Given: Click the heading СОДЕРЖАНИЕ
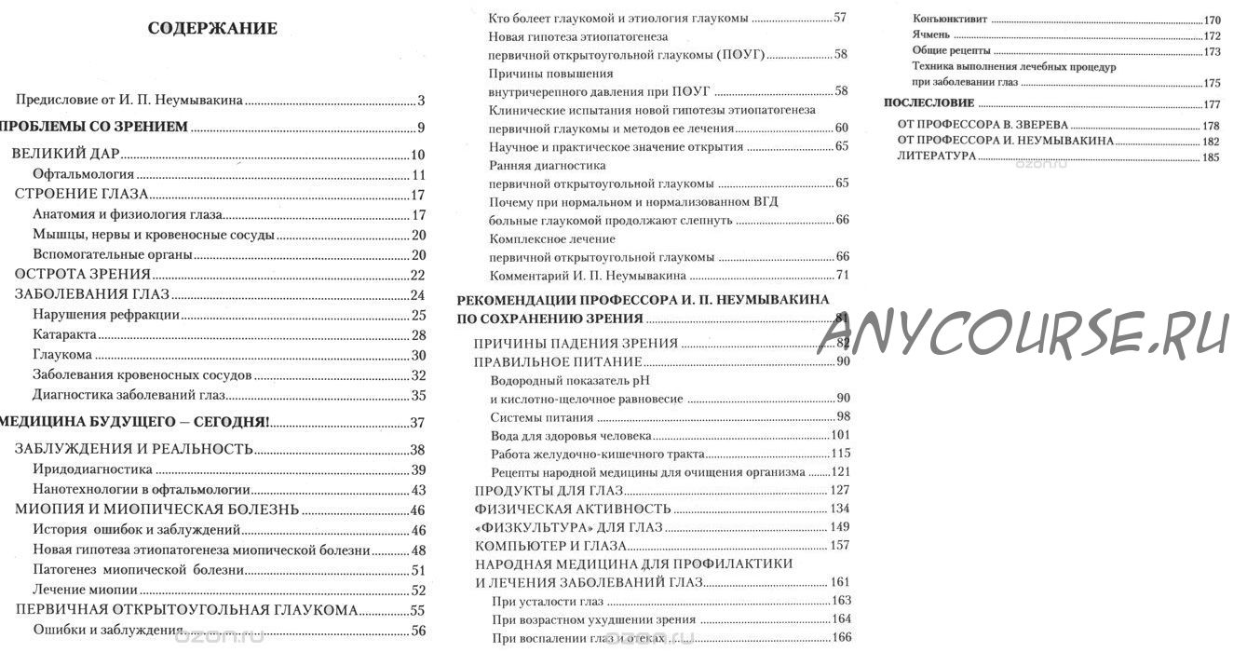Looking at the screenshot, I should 212,28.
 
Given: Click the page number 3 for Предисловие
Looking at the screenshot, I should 421,101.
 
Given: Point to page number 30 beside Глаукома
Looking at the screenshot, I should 418,355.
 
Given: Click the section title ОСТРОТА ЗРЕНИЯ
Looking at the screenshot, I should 83,274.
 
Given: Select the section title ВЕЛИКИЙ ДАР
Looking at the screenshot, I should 66,155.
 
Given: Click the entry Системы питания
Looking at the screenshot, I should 541,416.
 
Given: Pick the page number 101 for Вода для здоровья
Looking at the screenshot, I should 841,435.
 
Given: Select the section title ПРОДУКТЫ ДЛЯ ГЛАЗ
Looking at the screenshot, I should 549,491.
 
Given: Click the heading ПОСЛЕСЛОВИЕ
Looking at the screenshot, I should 928,102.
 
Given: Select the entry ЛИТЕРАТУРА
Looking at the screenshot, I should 936,156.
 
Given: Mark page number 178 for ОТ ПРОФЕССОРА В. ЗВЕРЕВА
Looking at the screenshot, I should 1211,125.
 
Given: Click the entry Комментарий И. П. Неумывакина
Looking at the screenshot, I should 588,276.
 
